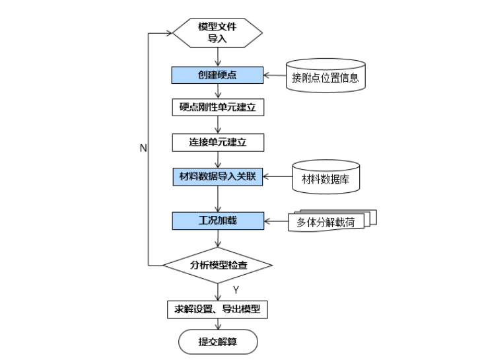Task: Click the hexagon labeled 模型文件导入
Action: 217,31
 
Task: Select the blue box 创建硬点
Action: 217,75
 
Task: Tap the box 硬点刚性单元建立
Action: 217,108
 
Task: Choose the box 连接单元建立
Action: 217,142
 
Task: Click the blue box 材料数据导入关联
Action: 217,176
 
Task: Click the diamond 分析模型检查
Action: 217,265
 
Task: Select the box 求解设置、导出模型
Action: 217,309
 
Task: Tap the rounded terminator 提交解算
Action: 217,342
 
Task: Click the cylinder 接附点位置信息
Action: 326,77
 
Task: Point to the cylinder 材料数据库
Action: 326,178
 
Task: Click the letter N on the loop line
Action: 143,149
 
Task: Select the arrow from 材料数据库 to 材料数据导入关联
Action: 277,176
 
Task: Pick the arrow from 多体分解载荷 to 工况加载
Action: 275,219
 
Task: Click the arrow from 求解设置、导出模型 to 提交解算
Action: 217,324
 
